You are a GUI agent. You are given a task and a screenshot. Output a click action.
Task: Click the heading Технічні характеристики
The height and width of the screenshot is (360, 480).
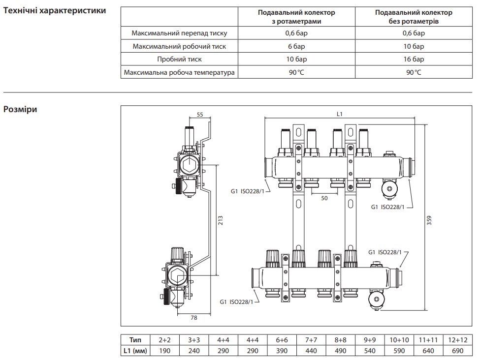(x=55, y=10)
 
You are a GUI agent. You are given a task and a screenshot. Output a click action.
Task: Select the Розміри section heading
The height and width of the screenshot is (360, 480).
(x=20, y=109)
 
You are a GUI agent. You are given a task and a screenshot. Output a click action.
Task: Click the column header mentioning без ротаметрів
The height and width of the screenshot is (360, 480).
(x=414, y=17)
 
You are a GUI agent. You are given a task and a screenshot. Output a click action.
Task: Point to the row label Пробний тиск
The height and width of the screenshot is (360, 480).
(x=179, y=60)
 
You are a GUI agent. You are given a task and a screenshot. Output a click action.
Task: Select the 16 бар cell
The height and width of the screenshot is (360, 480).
(x=414, y=60)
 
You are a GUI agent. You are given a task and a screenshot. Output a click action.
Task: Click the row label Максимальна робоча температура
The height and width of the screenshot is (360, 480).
(x=179, y=72)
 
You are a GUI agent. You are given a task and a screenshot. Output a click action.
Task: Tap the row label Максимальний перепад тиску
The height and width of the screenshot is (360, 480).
(x=179, y=33)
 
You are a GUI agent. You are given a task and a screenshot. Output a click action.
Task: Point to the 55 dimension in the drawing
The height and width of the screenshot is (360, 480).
(x=200, y=115)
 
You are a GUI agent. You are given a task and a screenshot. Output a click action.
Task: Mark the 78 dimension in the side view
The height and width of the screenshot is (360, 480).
(x=193, y=318)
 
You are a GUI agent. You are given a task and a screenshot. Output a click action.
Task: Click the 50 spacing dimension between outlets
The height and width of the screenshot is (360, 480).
(x=324, y=198)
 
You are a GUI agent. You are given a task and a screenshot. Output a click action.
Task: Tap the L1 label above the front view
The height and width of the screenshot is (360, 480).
(x=339, y=114)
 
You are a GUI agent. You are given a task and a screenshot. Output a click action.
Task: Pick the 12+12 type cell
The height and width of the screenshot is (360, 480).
(x=457, y=340)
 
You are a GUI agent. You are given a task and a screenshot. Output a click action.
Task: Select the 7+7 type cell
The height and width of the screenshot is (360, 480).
(x=311, y=340)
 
